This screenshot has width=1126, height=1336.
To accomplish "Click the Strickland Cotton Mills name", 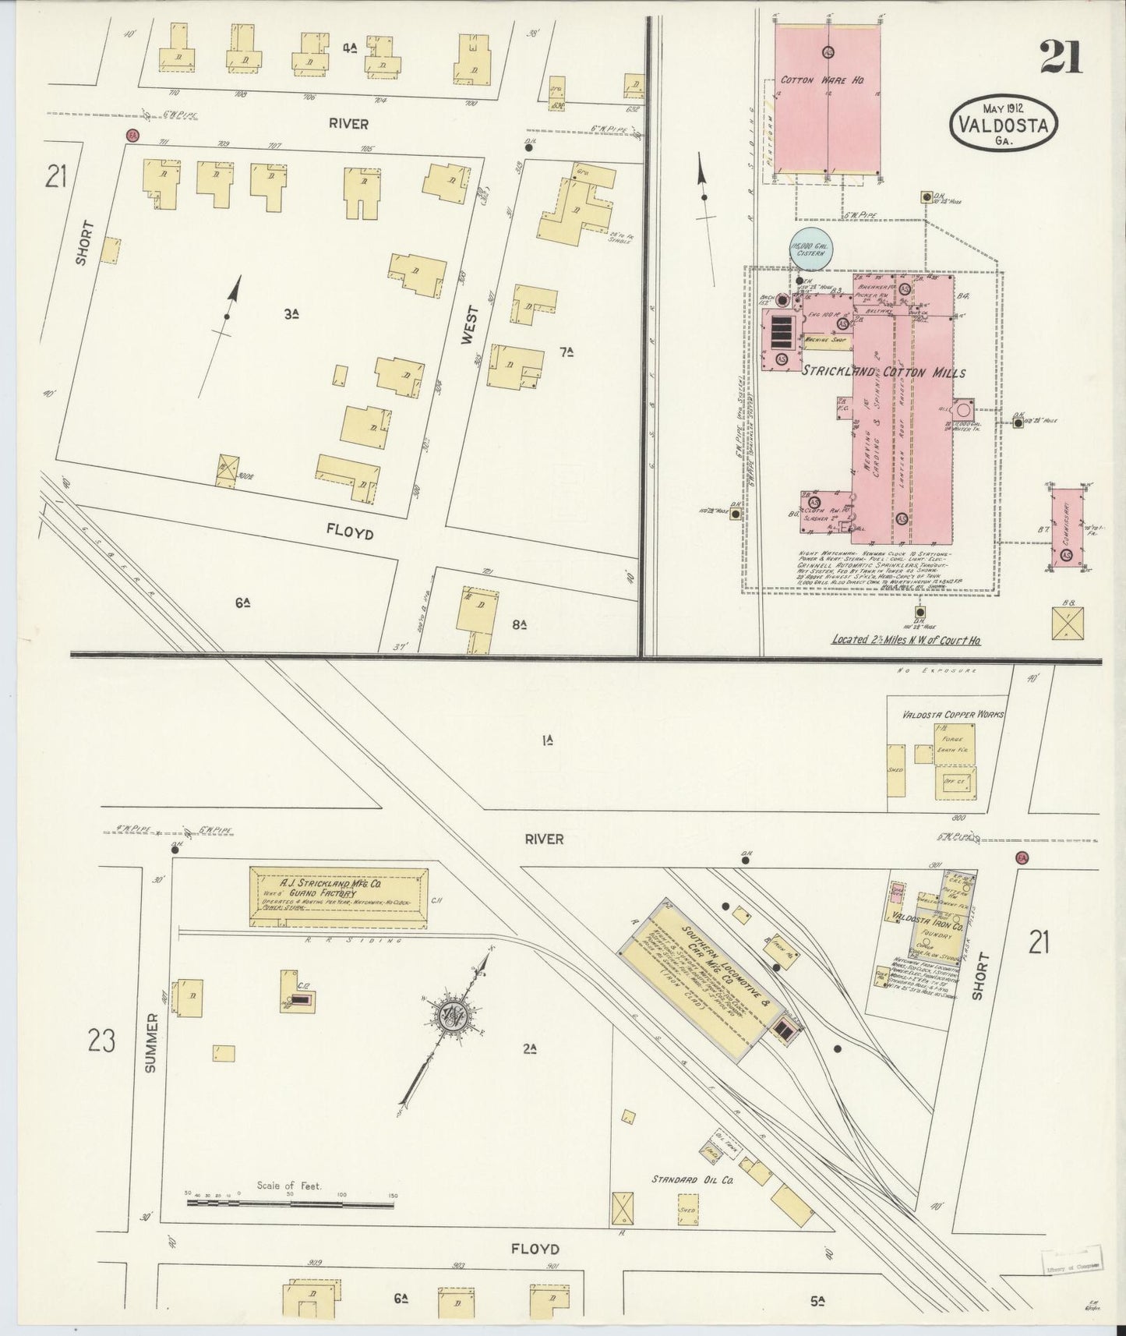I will (884, 373).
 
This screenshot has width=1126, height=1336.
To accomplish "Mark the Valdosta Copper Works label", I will (952, 714).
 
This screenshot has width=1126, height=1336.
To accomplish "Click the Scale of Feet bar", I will (290, 1225).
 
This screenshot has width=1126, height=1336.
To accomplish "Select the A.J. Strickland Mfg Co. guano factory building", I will (338, 896).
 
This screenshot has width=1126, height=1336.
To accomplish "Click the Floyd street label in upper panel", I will (349, 533).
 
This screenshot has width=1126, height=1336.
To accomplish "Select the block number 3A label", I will (291, 314).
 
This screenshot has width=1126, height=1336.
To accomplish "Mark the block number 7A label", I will (567, 352).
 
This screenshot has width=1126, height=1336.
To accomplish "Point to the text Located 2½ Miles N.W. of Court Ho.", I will (905, 639).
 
